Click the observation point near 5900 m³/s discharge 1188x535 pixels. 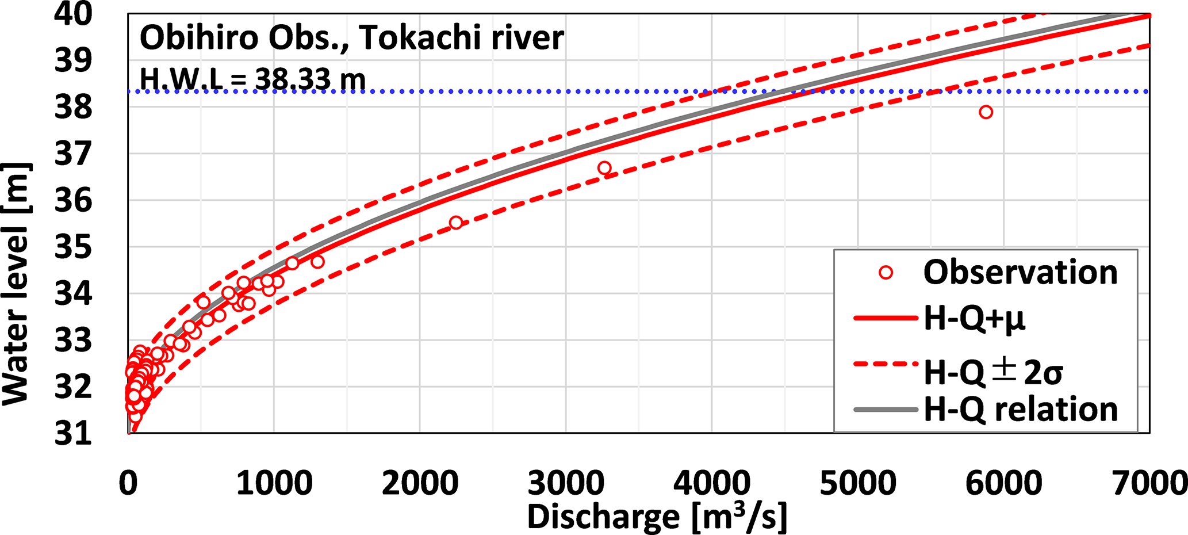(986, 112)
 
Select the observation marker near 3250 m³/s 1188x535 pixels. (604, 168)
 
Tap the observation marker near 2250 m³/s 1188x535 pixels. (455, 223)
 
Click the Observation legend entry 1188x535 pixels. (1020, 272)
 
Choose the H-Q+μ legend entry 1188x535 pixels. (974, 318)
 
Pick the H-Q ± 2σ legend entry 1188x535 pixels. (992, 372)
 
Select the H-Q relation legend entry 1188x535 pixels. (1021, 410)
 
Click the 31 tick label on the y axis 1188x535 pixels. (73, 433)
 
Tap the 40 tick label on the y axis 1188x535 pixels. (73, 14)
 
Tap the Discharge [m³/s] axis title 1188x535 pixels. (657, 517)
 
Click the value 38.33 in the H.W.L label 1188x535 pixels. (293, 79)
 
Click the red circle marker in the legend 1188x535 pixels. (886, 273)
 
